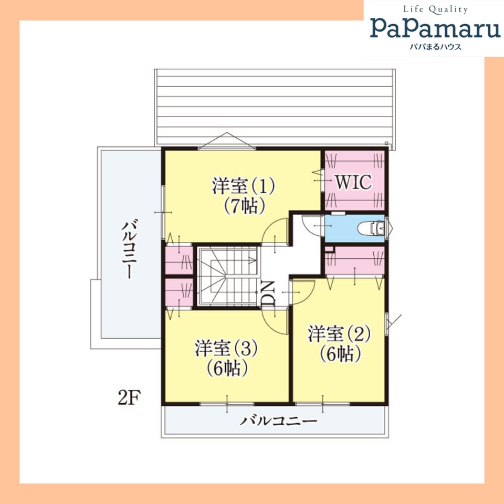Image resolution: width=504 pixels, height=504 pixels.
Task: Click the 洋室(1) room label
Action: [x=243, y=185]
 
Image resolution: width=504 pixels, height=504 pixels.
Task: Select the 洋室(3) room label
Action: [x=226, y=348]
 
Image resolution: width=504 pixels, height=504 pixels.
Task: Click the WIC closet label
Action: [x=353, y=182]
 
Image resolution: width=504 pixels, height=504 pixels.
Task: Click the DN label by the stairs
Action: [x=269, y=293]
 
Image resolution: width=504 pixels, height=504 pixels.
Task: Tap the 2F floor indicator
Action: [x=129, y=398]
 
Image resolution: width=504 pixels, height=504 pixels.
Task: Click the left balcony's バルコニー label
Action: [x=129, y=249]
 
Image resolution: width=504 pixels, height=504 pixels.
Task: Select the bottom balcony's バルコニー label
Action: [x=278, y=421]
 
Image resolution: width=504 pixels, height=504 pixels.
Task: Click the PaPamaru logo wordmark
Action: [x=435, y=28]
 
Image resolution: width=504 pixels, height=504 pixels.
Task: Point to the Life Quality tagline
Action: [x=436, y=9]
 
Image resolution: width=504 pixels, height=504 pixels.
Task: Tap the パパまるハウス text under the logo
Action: [x=436, y=47]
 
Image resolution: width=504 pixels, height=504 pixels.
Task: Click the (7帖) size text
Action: [x=244, y=205]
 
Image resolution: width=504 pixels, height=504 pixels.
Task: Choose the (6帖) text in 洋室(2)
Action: [x=340, y=353]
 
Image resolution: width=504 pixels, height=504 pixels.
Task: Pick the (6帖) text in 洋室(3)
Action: [x=227, y=369]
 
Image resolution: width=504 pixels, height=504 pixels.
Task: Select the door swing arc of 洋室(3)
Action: [x=271, y=327]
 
